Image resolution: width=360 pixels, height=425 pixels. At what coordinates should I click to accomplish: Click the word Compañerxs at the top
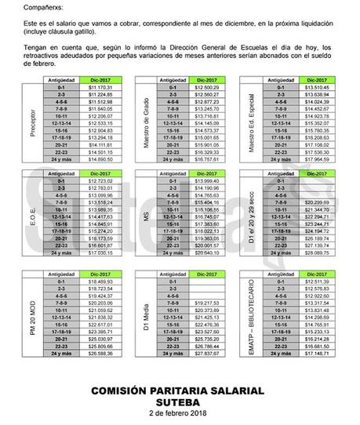[x=29, y=7]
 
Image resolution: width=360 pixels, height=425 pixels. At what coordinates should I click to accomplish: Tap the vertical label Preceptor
[x=32, y=122]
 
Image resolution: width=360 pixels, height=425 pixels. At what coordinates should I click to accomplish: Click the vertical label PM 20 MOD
[x=32, y=310]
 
